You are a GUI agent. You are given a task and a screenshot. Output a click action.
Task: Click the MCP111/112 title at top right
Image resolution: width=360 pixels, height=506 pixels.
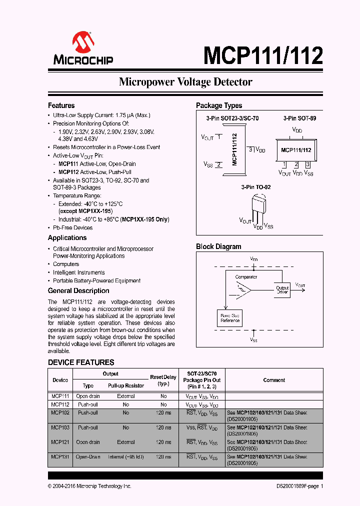coord(262,55)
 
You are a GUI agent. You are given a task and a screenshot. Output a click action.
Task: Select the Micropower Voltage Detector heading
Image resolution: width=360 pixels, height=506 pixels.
coord(185,82)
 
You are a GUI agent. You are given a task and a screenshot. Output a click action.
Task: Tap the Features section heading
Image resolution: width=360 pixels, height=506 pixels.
coord(61,105)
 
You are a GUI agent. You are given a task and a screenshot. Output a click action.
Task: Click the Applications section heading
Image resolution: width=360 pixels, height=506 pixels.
coord(67,237)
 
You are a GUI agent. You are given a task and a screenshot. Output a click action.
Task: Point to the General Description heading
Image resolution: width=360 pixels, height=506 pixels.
coord(78,290)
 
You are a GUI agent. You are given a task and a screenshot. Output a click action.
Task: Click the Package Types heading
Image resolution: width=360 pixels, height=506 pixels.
coord(218,105)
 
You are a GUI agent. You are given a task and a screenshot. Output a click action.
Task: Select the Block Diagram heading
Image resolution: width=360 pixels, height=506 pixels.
coord(218,246)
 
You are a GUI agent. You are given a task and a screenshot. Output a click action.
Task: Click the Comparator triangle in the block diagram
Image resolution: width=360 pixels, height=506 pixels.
coord(243,290)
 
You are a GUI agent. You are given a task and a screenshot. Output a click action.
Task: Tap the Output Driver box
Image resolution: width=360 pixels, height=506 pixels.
coord(282,289)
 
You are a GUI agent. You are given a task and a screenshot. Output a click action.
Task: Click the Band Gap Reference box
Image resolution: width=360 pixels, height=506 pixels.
coord(230,318)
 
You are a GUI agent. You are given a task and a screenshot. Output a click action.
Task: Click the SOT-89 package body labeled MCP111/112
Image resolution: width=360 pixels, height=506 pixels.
coord(296,150)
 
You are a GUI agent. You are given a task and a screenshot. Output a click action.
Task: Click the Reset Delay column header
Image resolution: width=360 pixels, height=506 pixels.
coord(163,380)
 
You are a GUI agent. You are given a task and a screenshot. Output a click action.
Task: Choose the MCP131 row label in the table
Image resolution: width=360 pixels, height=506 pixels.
coord(60,456)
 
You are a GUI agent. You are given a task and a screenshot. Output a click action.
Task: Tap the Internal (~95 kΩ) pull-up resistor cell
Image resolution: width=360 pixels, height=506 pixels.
coord(125,456)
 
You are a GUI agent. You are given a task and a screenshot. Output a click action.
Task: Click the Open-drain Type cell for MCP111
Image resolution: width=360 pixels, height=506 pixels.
coord(88,396)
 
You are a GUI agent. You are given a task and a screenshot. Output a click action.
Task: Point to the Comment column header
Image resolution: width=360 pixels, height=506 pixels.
coord(274,380)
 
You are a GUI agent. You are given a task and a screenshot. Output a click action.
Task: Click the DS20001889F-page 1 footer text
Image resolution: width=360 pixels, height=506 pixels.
coord(299,486)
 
